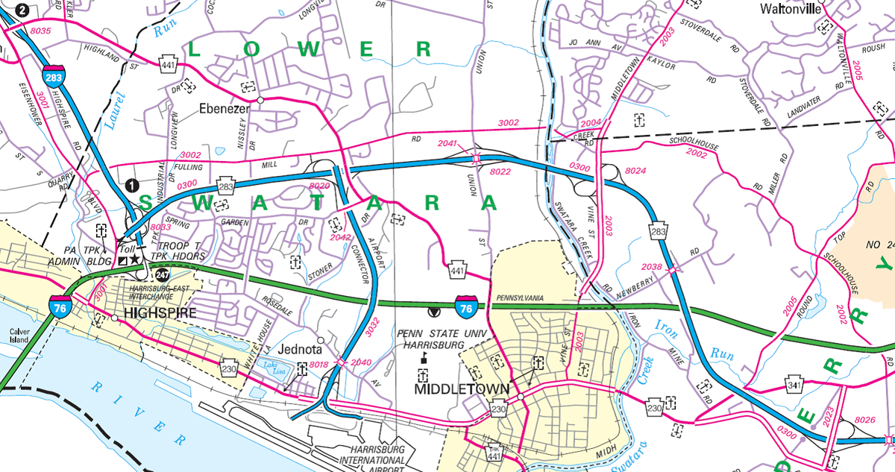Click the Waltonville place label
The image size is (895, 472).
pos(791,10)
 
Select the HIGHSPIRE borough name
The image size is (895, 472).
pos(160,314)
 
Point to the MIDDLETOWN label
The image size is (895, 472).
pos(462,389)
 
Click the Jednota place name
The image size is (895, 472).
pos(298,348)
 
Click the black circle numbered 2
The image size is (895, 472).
pos(6,10)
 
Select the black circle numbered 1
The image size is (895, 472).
pos(132,186)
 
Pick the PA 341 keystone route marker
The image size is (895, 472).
pos(794,386)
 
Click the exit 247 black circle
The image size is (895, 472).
pos(163,274)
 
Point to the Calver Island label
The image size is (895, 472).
pos(18,338)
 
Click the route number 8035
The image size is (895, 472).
pos(42,31)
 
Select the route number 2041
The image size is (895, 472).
pos(448,143)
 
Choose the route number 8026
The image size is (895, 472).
pos(864,421)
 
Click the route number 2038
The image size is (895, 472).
pos(651,266)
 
